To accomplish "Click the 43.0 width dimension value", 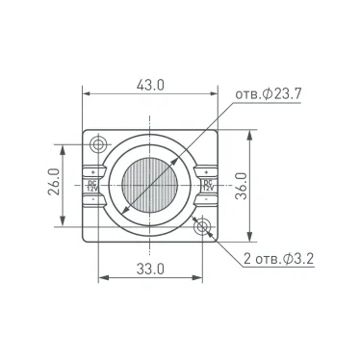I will (150, 85).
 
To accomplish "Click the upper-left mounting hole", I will (99, 145).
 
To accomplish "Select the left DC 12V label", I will (92, 184).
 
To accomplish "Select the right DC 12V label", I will (207, 184).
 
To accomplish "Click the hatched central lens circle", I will (150, 185).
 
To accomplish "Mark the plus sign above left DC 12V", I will (92, 171).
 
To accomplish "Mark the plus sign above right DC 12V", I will (207, 171).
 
